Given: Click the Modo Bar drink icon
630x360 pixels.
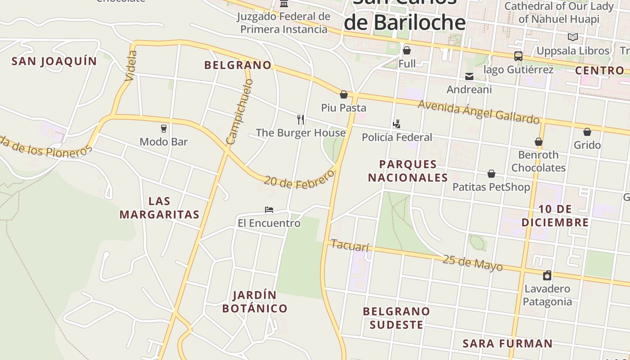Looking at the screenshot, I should [163, 128].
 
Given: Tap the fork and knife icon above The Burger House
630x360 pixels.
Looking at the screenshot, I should [301, 119].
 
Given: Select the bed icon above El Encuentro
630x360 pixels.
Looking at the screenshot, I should [269, 210].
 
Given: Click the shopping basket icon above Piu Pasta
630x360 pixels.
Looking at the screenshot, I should [344, 94].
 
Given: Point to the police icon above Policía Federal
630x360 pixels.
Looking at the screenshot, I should [396, 124].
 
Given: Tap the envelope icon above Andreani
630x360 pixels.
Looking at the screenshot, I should [469, 76].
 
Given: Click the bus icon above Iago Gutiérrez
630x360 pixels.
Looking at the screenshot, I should [518, 56].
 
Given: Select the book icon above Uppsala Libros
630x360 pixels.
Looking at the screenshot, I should [572, 37].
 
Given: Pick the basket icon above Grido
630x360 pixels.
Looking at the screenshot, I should [587, 132].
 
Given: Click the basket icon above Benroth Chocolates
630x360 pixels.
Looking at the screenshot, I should [538, 142].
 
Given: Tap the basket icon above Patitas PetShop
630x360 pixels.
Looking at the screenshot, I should [491, 174].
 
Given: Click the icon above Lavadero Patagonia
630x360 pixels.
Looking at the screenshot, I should [547, 275].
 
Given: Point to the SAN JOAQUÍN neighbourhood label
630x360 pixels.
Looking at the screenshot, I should [54, 61].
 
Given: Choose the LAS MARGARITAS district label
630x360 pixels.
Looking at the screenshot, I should [159, 207].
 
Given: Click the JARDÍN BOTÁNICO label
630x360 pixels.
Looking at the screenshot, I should [255, 301].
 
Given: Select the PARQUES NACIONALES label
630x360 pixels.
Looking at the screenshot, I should [408, 171].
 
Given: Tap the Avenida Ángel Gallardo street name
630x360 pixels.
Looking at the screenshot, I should [478, 111].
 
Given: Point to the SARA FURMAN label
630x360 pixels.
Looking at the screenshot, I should [508, 343].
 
